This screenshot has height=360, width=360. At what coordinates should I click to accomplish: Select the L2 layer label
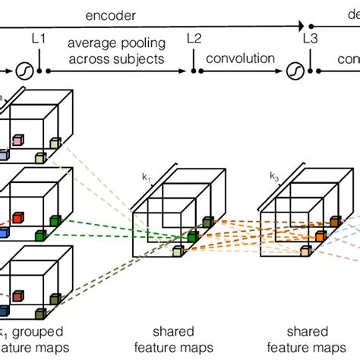[194, 37]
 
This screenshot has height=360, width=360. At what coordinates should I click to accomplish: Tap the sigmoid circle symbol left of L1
[22, 71]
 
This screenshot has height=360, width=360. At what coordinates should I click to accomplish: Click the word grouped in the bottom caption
[38, 332]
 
